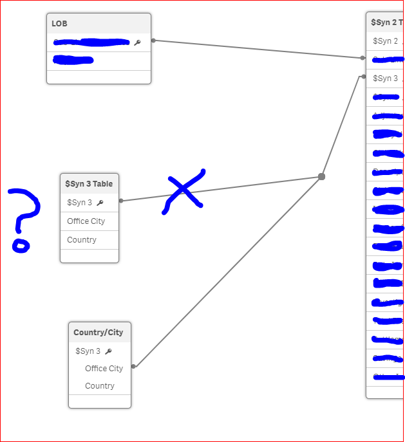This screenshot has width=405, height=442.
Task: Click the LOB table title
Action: pos(60,24)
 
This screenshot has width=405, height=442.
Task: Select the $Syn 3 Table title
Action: pos(89,184)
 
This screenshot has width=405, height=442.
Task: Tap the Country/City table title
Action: pos(99,333)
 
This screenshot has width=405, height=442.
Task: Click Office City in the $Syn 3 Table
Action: pos(86,221)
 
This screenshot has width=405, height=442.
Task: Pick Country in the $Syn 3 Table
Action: pos(82,240)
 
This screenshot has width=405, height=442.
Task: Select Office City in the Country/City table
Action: pos(104,369)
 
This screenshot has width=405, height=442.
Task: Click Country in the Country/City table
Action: pos(100,386)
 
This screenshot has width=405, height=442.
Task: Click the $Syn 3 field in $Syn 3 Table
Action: pos(79,203)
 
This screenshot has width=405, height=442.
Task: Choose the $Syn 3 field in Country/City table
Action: pos(88,351)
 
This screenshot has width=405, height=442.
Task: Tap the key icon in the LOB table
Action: pos(137,42)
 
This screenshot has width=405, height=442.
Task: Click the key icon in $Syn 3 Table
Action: pos(100,203)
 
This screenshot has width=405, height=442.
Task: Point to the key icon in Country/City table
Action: pos(108,351)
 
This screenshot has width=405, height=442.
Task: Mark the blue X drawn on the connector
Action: pos(184,190)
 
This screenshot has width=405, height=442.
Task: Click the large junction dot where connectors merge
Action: pos(321,176)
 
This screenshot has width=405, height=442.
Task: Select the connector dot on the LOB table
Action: pos(153,40)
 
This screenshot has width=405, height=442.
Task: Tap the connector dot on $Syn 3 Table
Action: pos(121,201)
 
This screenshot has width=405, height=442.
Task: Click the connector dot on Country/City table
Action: pos(133,367)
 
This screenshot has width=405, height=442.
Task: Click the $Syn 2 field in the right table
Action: pos(385,41)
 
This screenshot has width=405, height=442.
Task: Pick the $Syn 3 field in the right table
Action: pos(385,78)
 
